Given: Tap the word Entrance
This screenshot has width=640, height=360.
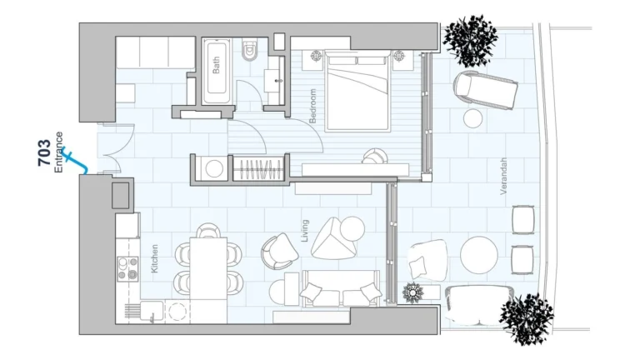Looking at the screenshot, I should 59,152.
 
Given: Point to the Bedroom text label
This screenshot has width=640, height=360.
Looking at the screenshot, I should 313,106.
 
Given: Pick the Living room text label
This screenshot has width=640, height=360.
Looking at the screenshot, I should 305,231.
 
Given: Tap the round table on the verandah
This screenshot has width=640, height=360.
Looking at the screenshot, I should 480,255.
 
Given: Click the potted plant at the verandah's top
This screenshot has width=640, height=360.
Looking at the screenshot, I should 470,37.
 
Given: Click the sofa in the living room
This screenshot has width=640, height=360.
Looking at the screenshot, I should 340,292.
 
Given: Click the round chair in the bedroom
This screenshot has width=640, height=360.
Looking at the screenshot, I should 374,157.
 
